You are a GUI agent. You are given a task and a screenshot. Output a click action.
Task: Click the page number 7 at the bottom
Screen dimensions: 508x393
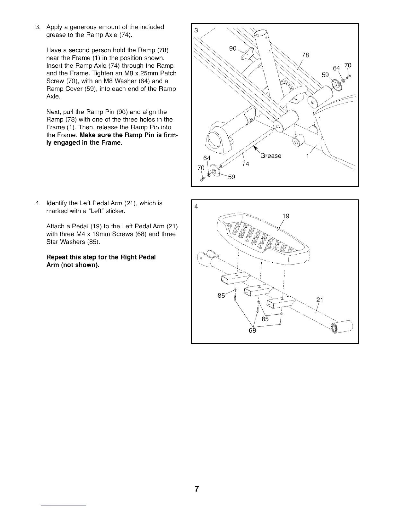point(197,489)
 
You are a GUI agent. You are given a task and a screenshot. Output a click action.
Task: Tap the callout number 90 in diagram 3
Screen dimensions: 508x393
point(233,48)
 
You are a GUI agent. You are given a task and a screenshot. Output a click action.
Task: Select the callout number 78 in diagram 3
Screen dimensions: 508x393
point(305,55)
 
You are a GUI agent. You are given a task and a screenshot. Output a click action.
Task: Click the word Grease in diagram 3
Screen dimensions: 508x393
point(271,156)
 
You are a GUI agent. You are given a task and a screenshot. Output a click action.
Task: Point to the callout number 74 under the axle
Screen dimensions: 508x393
point(245,164)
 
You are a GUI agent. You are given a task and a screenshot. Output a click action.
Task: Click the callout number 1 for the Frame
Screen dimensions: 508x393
point(308,156)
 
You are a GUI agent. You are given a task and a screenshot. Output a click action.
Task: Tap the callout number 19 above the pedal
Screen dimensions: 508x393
point(285,216)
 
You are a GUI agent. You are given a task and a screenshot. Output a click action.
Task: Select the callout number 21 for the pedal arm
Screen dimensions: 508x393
point(319,300)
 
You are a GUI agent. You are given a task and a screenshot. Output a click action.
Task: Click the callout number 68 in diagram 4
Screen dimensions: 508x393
point(252,331)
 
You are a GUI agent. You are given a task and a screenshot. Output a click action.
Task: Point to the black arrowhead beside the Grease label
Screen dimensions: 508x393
point(256,148)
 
